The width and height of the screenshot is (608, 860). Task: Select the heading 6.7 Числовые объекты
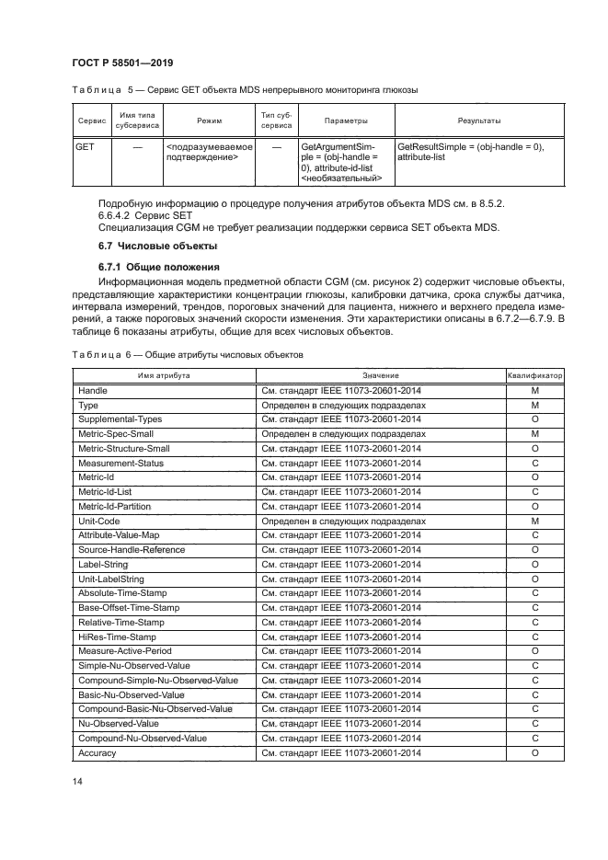pos(150,247)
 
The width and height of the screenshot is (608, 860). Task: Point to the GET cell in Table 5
pos(85,147)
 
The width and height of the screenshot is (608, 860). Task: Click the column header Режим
pos(209,120)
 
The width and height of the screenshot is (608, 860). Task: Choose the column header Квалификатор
pos(534,376)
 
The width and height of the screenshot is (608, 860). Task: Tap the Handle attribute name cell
pos(93,391)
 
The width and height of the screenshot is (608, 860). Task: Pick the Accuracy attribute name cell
pos(98,753)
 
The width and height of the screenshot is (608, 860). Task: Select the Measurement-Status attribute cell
pos(121,463)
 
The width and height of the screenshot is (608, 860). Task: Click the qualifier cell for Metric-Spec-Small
pos(534,434)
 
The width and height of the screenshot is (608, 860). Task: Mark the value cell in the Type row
pos(343,405)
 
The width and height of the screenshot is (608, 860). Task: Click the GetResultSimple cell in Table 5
pos(469,153)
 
